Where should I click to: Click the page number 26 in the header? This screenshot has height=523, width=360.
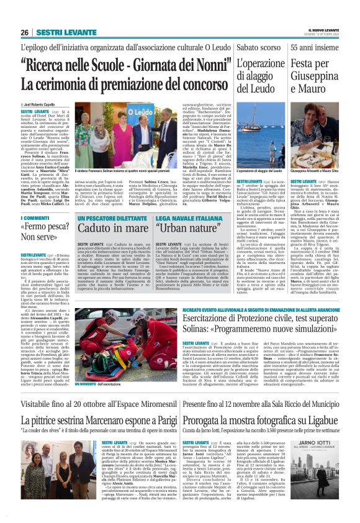(x=24, y=32)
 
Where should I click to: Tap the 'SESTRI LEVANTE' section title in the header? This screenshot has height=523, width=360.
(x=58, y=32)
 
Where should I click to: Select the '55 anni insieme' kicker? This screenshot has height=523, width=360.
(x=320, y=47)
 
